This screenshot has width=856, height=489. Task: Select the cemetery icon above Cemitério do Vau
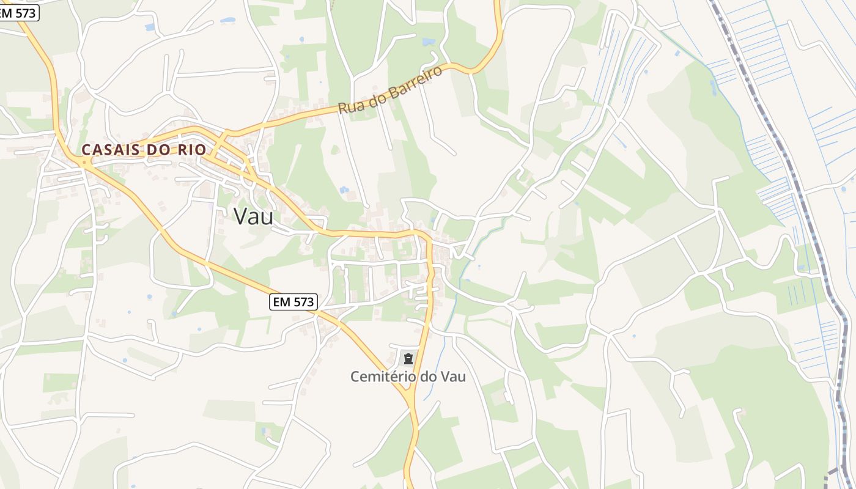coord(408,359)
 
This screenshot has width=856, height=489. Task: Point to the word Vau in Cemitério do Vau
coord(452,377)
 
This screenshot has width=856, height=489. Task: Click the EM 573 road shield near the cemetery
coord(293,301)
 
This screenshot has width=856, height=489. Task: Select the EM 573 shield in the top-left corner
coord(17,13)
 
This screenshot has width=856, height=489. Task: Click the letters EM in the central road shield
coord(281,301)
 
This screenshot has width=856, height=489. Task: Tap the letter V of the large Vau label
coord(240,216)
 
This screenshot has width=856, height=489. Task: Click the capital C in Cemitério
coord(355,377)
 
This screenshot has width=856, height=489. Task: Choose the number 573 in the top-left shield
coord(26,13)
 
